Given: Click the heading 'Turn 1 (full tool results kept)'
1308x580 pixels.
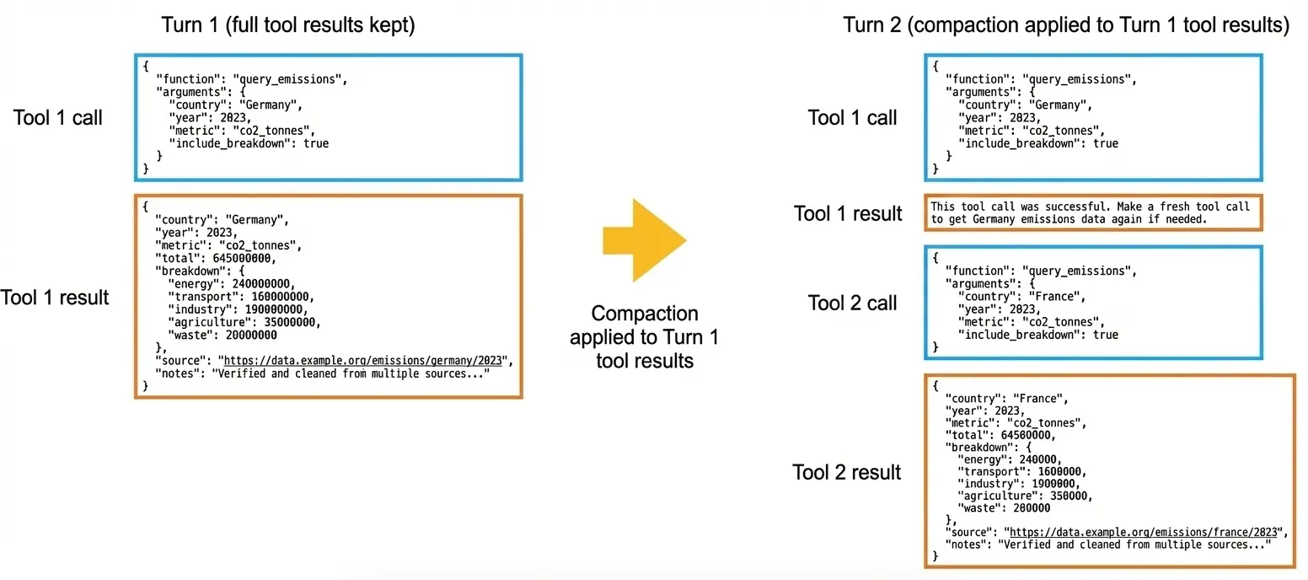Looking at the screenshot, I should pyautogui.click(x=288, y=26).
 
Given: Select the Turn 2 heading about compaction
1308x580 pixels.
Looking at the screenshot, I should pyautogui.click(x=1066, y=26).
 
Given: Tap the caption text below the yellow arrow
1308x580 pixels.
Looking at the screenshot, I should pyautogui.click(x=644, y=337).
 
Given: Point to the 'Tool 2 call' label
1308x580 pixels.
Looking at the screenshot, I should pyautogui.click(x=852, y=303).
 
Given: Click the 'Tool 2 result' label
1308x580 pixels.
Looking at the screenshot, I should pyautogui.click(x=846, y=472).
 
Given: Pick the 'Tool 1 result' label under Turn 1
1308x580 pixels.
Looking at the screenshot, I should pyautogui.click(x=56, y=297).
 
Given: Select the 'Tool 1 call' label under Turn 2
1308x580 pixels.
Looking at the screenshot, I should pyautogui.click(x=852, y=117).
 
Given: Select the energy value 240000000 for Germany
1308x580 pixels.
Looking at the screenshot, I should pyautogui.click(x=257, y=283).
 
